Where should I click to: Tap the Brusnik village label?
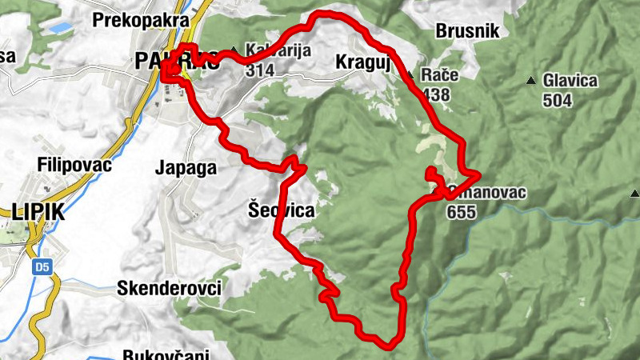pyautogui.click(x=468, y=31)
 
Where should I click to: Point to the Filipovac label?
pyautogui.click(x=74, y=165)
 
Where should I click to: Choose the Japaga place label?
pyautogui.click(x=186, y=168)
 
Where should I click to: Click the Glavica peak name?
pyautogui.click(x=569, y=81)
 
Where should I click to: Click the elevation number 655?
pyautogui.click(x=462, y=212)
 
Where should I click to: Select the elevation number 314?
pyautogui.click(x=261, y=71)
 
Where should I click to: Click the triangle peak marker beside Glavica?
pyautogui.click(x=530, y=81)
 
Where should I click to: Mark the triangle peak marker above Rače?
pyautogui.click(x=410, y=75)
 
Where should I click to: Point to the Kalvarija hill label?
pyautogui.click(x=266, y=50)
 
